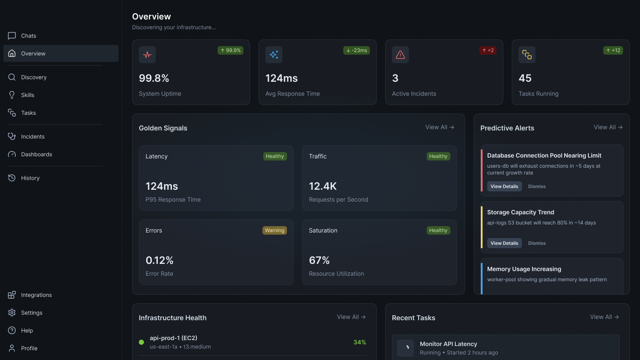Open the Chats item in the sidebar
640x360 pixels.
tap(28, 36)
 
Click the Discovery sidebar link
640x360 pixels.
tap(33, 77)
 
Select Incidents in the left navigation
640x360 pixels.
tap(33, 136)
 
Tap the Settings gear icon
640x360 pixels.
tap(12, 313)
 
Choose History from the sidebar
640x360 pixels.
tap(30, 178)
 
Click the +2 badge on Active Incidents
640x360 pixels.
tap(488, 50)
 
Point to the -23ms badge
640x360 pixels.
tap(356, 50)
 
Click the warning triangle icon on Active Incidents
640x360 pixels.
tap(400, 55)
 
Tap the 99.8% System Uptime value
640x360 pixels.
tap(154, 78)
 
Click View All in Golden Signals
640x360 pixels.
tap(440, 127)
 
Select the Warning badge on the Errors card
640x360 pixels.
tap(275, 230)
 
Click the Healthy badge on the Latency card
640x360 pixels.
tap(275, 156)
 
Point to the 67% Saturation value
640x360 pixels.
tap(319, 260)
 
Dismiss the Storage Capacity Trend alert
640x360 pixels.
tap(537, 243)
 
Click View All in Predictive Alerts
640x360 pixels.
tap(608, 127)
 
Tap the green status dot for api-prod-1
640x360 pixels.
tap(141, 342)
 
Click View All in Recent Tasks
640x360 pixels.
tap(604, 317)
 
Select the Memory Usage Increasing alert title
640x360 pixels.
tap(524, 269)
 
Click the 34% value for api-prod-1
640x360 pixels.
tap(360, 342)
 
